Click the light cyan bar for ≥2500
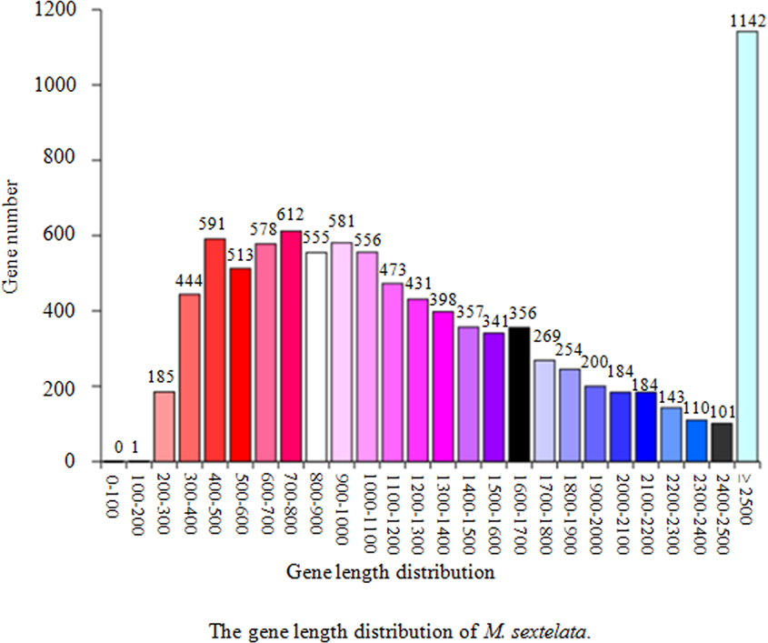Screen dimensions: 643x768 (746, 246)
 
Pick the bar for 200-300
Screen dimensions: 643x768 (164, 427)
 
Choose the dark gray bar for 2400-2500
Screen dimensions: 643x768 (722, 442)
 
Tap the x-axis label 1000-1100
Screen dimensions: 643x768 (367, 506)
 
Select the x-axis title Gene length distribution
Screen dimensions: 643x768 (391, 573)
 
